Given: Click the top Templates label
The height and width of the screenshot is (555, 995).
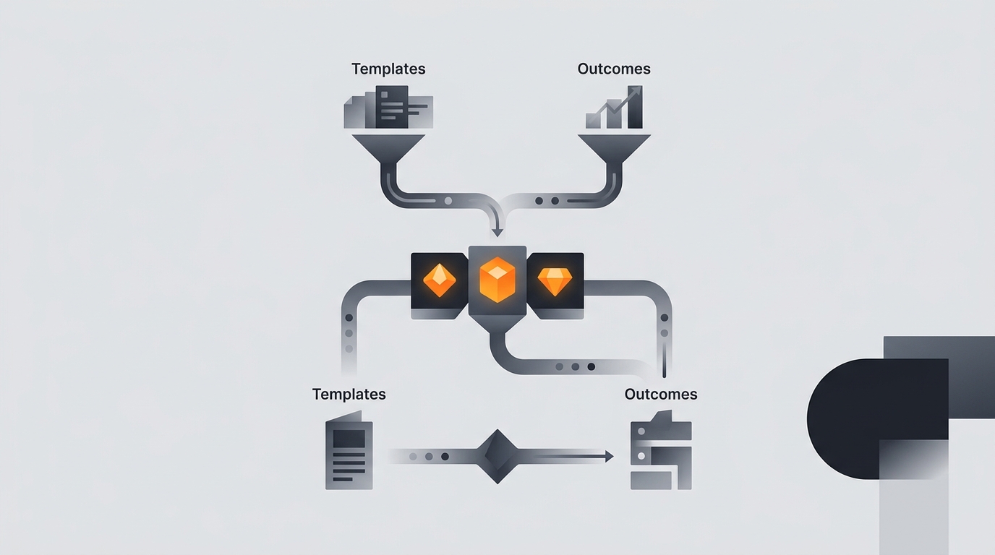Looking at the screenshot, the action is click(x=388, y=69).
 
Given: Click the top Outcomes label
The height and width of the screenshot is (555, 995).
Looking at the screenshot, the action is click(x=614, y=69).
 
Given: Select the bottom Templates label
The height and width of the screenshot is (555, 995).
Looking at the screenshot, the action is click(x=349, y=395).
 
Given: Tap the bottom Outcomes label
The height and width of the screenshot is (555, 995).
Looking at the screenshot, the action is click(x=660, y=395).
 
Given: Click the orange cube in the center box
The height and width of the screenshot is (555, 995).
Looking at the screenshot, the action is click(x=497, y=280).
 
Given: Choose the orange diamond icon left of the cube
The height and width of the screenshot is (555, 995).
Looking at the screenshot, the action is click(x=440, y=280).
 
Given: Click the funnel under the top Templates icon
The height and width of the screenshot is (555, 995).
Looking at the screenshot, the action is click(x=389, y=150).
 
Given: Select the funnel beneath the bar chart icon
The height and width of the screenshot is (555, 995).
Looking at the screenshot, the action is click(x=615, y=150).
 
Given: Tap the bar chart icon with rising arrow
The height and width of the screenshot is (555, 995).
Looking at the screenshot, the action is click(x=614, y=107).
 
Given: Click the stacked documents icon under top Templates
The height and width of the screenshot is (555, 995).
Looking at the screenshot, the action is click(x=389, y=107).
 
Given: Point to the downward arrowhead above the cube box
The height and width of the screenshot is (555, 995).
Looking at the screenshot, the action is click(x=497, y=233).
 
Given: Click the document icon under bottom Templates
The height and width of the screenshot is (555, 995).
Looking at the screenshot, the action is click(x=349, y=450).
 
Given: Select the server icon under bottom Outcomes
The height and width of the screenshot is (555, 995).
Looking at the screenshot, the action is click(x=661, y=450).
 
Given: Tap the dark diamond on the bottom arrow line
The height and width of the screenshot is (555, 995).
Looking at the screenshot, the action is click(x=497, y=457).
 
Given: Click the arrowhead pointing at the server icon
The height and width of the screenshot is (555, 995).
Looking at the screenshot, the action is click(x=610, y=456).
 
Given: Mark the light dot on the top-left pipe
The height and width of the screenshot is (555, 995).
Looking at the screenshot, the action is click(x=448, y=201).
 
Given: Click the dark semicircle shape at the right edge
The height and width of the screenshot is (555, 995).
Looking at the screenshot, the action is click(x=877, y=418).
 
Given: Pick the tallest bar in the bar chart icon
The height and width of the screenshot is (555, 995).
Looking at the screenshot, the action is click(x=635, y=107).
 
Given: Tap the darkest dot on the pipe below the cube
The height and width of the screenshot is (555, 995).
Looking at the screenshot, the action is click(x=592, y=366).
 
